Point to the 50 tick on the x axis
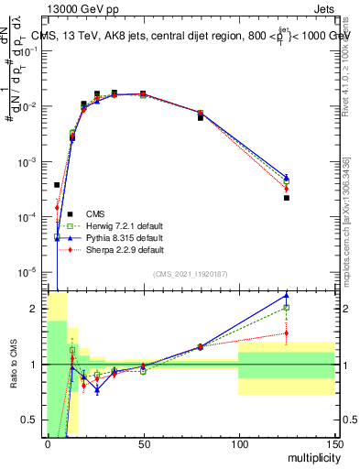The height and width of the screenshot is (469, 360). tap(143, 443)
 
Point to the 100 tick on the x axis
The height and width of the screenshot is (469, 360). tap(238, 443)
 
